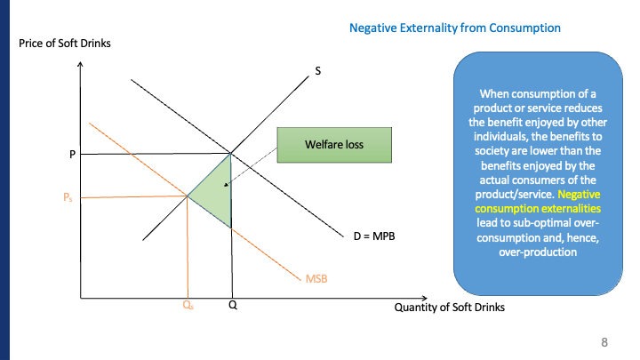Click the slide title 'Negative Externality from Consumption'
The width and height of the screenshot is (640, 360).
pyautogui.click(x=455, y=28)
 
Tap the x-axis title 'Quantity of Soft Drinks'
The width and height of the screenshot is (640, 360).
pyautogui.click(x=449, y=308)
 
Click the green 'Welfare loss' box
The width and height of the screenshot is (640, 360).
pyautogui.click(x=334, y=144)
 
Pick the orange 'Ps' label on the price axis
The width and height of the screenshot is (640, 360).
pyautogui.click(x=68, y=197)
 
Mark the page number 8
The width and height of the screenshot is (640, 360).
pyautogui.click(x=604, y=341)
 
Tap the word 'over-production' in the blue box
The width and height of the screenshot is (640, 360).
pyautogui.click(x=533, y=252)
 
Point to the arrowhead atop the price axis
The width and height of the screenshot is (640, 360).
pyautogui.click(x=80, y=64)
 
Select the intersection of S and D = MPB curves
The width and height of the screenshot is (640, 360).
pyautogui.click(x=231, y=153)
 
